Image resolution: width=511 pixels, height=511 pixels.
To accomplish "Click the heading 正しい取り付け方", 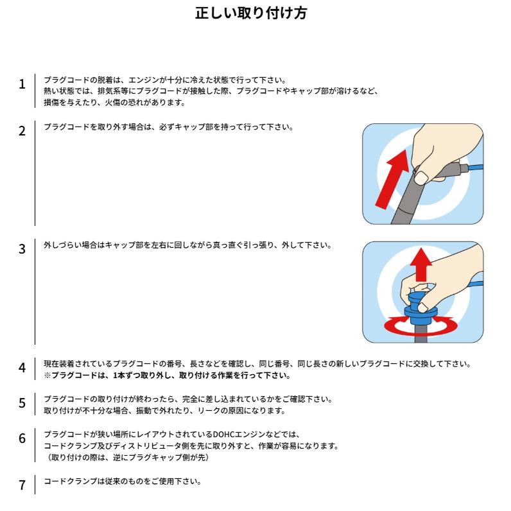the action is [251, 13].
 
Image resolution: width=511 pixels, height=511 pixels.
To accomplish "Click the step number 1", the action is [22, 84].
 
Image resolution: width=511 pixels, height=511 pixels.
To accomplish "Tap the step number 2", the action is [22, 131].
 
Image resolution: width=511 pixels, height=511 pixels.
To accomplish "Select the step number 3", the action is [22, 249].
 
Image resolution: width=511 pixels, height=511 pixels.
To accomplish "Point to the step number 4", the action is [22, 368].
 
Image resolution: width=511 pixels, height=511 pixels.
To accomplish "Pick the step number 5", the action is [22, 403].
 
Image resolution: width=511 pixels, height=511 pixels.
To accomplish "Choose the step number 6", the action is [22, 438].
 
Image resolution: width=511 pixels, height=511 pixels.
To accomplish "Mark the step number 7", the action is [22, 485].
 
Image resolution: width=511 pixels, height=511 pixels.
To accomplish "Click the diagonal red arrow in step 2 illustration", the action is [392, 179].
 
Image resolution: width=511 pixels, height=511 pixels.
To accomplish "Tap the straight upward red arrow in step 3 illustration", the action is [421, 264].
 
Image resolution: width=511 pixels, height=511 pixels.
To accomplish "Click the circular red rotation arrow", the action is [420, 327].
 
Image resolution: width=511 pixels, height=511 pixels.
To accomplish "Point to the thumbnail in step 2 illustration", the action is [421, 178].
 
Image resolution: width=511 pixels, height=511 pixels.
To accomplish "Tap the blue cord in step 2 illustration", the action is [476, 168].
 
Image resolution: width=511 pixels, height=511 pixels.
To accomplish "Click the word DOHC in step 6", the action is [223, 435].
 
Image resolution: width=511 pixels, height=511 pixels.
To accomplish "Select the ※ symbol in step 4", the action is [48, 376].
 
